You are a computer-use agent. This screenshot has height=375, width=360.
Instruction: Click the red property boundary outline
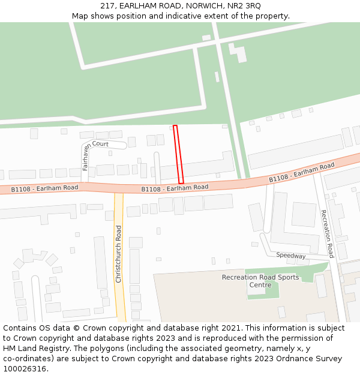tap(178, 155)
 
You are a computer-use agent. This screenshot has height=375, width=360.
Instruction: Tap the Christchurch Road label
tap(119, 254)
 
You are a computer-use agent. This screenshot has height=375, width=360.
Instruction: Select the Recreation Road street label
tap(326, 233)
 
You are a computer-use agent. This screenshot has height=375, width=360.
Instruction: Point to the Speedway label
tap(291, 256)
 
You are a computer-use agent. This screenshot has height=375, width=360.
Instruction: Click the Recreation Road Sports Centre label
tap(260, 281)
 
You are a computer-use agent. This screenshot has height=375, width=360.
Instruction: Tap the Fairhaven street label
tap(86, 157)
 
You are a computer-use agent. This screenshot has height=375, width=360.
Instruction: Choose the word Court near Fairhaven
tap(100, 144)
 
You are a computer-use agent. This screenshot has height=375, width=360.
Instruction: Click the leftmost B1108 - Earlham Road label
tap(45, 188)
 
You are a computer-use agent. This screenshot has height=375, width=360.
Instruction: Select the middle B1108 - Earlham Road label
tap(175, 188)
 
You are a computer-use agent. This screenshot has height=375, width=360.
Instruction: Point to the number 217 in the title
tap(108, 5)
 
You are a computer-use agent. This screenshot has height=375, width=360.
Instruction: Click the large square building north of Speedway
tap(303, 214)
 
